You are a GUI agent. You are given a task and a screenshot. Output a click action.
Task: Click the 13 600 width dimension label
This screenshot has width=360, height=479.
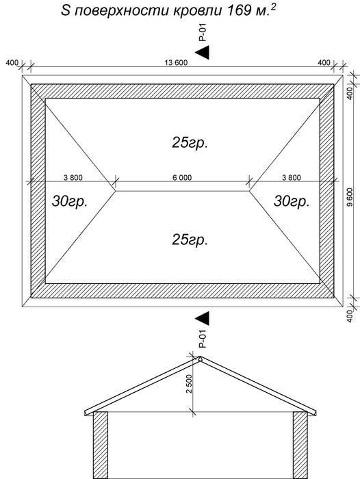coord(176,63)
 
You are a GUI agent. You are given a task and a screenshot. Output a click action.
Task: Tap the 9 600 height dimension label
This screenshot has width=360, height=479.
coord(350,197)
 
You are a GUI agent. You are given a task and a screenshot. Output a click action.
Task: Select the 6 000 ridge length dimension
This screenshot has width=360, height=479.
coord(182,177)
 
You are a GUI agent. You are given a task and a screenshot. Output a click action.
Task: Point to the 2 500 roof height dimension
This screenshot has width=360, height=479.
coord(189,384)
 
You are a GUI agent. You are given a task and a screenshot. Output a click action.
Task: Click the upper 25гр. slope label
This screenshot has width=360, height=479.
coord(190,142)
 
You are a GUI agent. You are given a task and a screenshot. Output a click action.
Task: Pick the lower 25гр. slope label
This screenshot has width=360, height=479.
coord(190,239)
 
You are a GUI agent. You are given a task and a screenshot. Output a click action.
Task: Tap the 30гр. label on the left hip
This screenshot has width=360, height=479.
coord(70,201)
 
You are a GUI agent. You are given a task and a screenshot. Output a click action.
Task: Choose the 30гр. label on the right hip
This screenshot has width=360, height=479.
coord(292,201)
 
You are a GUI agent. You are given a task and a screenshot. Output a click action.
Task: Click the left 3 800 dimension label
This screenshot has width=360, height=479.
coord(73,177)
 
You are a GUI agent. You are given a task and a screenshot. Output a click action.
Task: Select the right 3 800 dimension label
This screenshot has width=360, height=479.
coord(292,177)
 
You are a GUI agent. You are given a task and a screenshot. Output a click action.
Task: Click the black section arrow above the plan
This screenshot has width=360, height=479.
coord(203,53)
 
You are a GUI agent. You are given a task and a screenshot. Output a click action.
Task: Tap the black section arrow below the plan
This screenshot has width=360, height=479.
coord(203,318)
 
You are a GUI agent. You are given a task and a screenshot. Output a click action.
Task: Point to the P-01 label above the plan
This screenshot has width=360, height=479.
coord(203,32)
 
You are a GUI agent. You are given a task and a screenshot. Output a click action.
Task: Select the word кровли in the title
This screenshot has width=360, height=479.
coord(197,12)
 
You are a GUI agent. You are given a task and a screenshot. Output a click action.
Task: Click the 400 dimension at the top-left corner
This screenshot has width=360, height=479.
coord(12,63)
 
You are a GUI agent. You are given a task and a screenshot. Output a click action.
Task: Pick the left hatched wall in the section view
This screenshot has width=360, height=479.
coord(101,445)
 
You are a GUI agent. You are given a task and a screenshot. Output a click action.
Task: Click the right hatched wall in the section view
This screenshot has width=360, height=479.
coord(300,445)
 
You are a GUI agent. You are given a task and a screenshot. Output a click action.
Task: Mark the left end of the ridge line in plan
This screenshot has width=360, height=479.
coord(116,191)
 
